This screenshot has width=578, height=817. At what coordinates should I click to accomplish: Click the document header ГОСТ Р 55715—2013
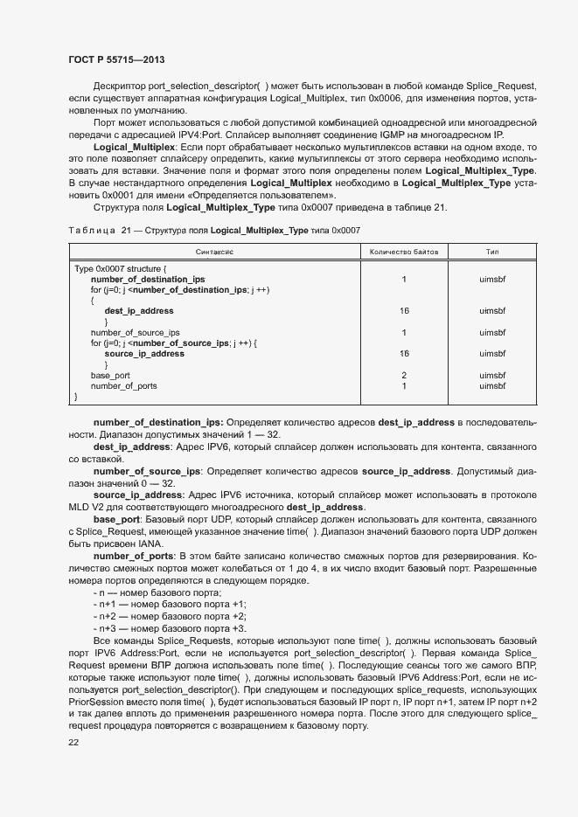pyautogui.click(x=116, y=59)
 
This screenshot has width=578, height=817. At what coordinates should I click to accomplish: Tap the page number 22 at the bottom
pyautogui.click(x=73, y=742)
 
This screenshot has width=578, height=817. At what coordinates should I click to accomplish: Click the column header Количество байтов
pyautogui.click(x=404, y=251)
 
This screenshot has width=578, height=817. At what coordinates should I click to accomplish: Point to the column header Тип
pyautogui.click(x=492, y=251)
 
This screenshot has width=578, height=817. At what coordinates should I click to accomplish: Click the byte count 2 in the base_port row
pyautogui.click(x=404, y=375)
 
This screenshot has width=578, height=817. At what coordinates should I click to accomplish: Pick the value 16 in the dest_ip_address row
pyautogui.click(x=404, y=310)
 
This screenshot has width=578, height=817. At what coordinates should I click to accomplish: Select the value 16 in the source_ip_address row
pyautogui.click(x=404, y=354)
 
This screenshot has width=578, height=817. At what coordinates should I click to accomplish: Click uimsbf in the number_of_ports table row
pyautogui.click(x=492, y=385)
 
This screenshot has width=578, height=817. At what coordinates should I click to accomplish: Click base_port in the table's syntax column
pyautogui.click(x=110, y=375)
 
